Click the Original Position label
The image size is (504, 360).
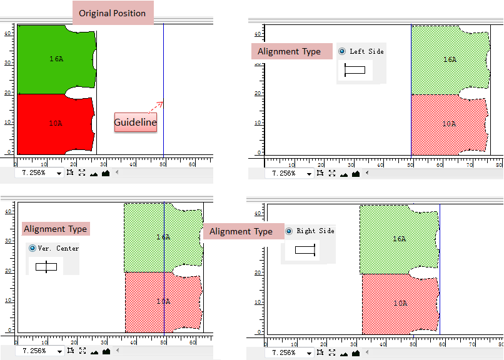coord(113,13)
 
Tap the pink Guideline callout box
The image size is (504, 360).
coord(135,122)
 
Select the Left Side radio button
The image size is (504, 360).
coord(341,51)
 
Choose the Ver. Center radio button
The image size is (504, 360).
coord(33,248)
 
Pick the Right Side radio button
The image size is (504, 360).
coord(289,231)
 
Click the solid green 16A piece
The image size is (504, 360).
coord(56,59)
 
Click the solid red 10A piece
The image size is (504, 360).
coord(55,124)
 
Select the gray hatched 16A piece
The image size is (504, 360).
coord(449,60)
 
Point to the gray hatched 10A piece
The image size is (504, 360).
coord(449,124)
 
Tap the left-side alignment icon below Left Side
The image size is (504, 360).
coord(354,70)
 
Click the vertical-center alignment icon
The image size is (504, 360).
coord(46,267)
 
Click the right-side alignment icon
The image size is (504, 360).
coord(305,250)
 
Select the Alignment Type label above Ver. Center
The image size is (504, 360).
coord(55,229)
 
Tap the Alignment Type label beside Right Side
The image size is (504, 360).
coord(241,232)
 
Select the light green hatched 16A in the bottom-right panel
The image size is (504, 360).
coord(399,239)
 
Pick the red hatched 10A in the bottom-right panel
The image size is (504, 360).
coord(400,304)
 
